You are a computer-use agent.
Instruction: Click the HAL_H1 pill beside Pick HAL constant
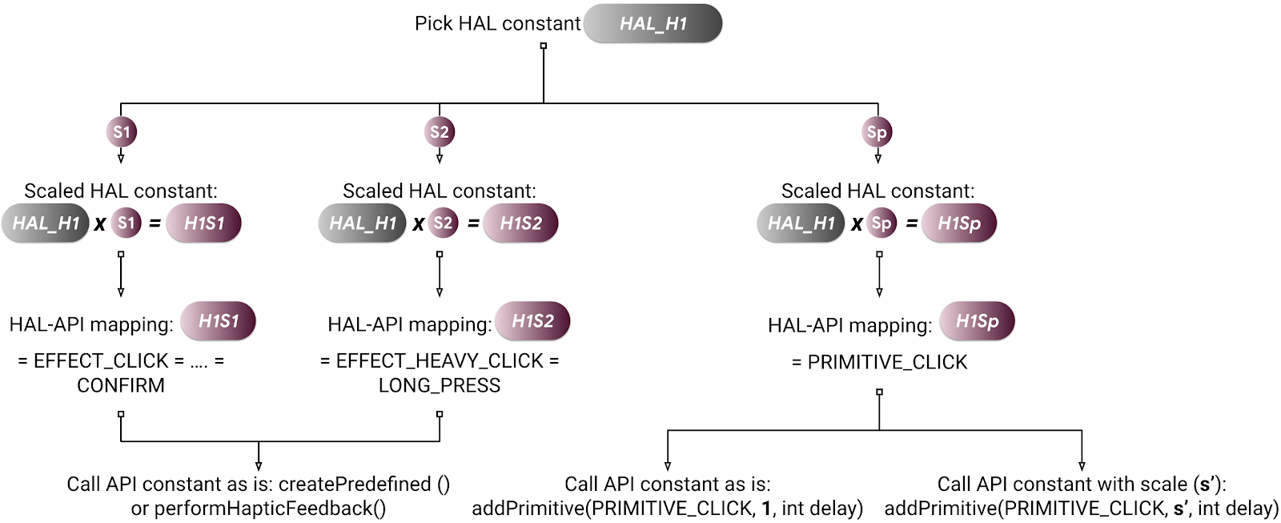653,24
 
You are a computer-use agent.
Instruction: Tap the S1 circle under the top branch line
121,132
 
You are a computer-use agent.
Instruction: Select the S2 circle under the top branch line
440,132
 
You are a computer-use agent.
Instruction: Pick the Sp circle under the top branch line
877,132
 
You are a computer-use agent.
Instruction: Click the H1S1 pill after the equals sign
204,223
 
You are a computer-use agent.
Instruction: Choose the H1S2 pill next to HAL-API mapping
532,321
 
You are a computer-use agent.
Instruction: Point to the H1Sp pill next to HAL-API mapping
977,321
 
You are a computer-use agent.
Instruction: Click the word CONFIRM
121,385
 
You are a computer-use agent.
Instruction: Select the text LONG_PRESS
440,385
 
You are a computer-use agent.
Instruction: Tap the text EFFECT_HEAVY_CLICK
440,361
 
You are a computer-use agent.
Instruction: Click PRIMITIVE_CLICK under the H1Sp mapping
887,362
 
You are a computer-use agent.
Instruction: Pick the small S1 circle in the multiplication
126,223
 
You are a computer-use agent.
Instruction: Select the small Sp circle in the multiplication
881,223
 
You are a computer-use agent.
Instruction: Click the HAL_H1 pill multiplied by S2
363,223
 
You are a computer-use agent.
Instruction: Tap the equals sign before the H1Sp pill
911,223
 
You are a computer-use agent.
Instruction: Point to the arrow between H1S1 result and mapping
121,276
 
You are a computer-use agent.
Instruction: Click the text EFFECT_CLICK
101,361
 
